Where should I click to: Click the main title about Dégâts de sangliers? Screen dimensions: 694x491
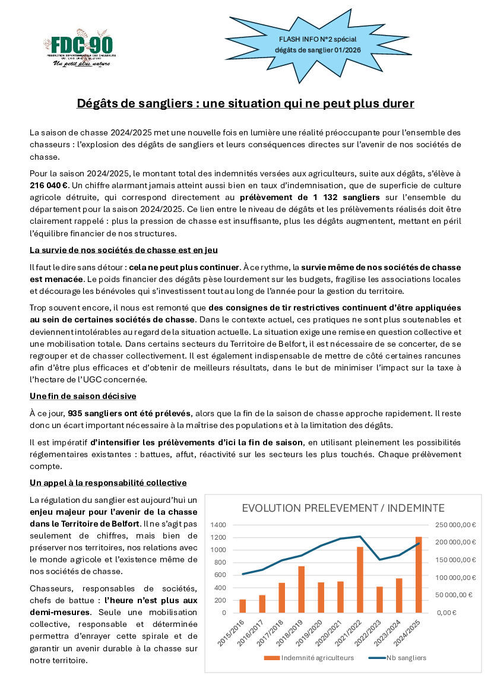(x=245, y=103)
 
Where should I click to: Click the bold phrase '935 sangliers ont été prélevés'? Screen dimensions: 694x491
(x=129, y=413)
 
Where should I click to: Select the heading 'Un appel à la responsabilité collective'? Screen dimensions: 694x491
(x=108, y=482)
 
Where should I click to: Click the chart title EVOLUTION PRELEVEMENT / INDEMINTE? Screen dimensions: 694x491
(x=343, y=508)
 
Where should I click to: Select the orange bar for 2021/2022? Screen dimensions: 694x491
(x=359, y=579)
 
